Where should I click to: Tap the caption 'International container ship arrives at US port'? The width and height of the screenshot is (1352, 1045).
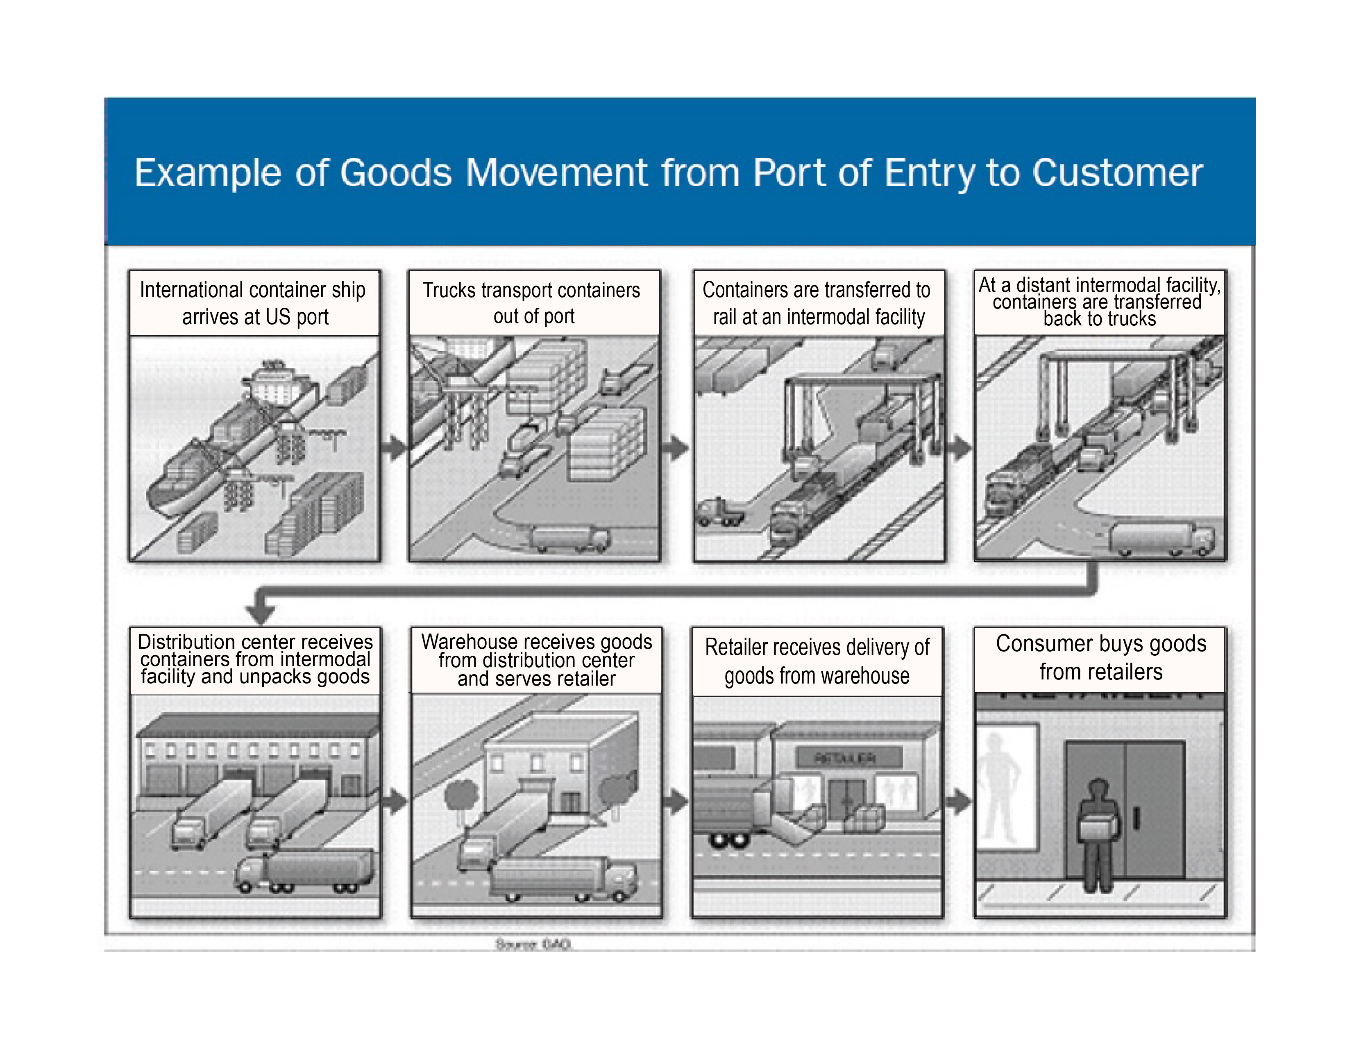pyautogui.click(x=254, y=303)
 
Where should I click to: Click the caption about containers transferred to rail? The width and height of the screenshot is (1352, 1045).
pyautogui.click(x=817, y=303)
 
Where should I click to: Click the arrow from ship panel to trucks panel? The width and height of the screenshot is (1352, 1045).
pyautogui.click(x=394, y=447)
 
